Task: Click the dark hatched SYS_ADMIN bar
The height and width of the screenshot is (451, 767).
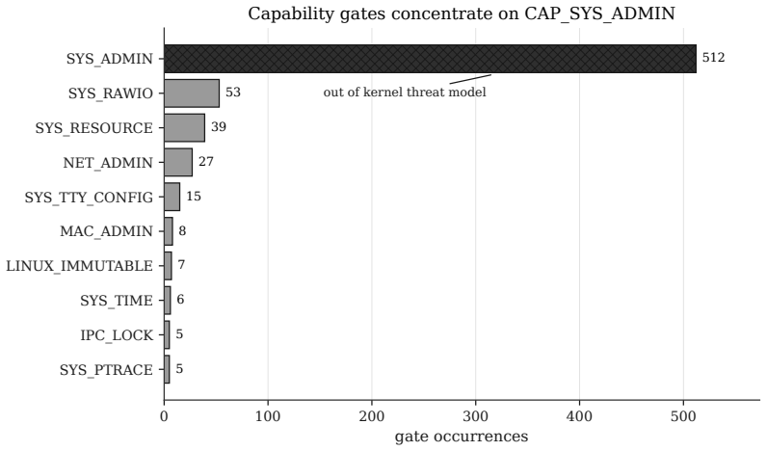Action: point(430,59)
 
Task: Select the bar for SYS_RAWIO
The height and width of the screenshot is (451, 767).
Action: point(192,93)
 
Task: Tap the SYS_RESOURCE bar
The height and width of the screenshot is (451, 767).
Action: point(184,127)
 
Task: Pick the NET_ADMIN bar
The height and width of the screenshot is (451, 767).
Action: point(178,163)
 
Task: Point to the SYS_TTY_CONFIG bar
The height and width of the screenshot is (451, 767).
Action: point(172,197)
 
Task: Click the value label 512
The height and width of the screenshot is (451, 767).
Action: point(713,58)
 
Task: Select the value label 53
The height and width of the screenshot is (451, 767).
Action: point(233,93)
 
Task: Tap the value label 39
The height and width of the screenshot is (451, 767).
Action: point(218,127)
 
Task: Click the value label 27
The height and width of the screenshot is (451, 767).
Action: point(206,162)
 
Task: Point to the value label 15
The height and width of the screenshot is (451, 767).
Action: point(194,197)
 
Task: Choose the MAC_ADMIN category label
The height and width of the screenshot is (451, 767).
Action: point(106,231)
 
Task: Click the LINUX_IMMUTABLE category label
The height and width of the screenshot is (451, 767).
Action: point(79,266)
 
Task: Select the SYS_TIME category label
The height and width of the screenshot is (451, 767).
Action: point(117,301)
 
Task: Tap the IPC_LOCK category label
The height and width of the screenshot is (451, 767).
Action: point(117,335)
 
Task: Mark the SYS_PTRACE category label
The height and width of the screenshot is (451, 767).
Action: point(106,370)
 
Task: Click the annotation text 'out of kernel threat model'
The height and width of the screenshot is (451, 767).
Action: point(405,93)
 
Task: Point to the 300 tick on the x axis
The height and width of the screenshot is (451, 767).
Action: point(476,403)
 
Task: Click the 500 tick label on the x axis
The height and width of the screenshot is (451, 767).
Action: point(683,416)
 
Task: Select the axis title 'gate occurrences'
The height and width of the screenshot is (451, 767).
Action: point(462,437)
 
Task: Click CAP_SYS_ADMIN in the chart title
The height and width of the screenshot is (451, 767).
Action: point(599,13)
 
